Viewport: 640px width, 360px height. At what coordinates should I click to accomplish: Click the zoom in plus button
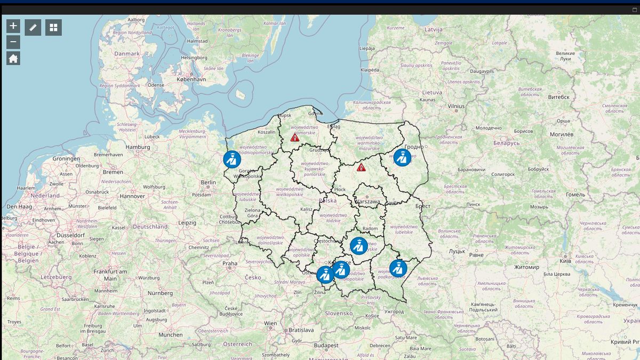13,26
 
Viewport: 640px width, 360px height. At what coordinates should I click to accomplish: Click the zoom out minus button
13,42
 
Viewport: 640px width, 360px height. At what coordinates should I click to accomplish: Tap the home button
13,58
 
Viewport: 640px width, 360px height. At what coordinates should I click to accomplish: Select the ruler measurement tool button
33,27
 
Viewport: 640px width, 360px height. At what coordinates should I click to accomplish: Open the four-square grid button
53,27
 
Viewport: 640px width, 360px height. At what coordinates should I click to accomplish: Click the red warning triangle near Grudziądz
295,138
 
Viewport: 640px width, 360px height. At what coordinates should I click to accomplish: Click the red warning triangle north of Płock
361,167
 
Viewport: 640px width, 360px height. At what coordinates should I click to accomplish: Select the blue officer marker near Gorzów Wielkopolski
232,159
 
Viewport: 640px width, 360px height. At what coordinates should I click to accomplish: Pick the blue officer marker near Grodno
402,157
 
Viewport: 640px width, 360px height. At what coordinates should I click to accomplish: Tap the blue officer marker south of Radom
359,245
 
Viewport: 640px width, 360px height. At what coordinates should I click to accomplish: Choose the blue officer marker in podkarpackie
398,268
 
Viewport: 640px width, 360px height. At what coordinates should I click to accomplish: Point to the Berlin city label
208,182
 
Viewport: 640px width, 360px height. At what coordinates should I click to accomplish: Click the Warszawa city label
367,202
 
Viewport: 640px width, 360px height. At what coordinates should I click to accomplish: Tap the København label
191,79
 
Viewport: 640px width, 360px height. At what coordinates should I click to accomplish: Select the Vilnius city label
456,106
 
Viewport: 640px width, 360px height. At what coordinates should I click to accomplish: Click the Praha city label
230,263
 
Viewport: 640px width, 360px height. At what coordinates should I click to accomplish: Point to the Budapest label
325,346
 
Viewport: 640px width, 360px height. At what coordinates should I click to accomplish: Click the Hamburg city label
138,147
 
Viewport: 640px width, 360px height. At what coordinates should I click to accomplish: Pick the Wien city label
270,323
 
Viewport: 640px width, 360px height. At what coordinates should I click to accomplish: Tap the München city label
170,335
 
